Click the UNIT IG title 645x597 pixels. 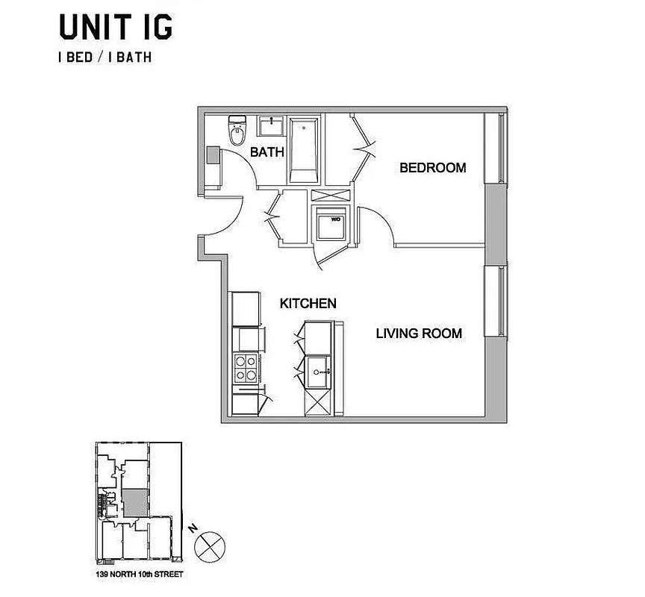click(116, 26)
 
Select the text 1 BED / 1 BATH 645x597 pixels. click(105, 57)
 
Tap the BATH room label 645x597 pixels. click(267, 152)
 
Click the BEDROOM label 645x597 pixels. click(433, 168)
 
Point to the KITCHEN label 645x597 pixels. click(308, 304)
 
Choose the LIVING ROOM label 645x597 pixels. click(418, 334)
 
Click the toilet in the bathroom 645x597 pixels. click(237, 132)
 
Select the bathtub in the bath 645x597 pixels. click(304, 149)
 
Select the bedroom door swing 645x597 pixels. click(377, 224)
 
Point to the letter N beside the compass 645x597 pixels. click(192, 528)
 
